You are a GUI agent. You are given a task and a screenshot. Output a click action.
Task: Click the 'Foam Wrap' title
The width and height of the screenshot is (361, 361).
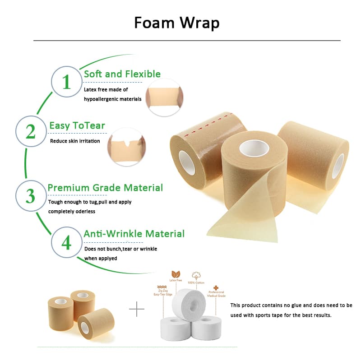pyautogui.click(x=176, y=23)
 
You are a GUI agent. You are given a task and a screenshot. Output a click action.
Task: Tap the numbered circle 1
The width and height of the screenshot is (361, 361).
pyautogui.click(x=67, y=82)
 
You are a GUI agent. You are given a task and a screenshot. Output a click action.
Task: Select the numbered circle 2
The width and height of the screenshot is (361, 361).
pyautogui.click(x=31, y=132)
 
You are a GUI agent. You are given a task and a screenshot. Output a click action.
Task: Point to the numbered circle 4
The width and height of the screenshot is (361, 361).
pyautogui.click(x=66, y=242)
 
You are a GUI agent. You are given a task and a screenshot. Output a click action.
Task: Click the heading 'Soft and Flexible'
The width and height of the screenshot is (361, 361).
pyautogui.click(x=122, y=74)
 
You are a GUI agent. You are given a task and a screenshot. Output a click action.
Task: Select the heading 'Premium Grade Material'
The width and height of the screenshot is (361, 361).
pyautogui.click(x=105, y=188)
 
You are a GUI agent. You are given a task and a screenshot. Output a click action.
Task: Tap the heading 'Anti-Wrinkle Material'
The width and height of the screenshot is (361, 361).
pyautogui.click(x=134, y=234)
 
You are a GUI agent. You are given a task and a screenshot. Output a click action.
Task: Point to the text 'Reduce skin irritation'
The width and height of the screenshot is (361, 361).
pyautogui.click(x=74, y=141)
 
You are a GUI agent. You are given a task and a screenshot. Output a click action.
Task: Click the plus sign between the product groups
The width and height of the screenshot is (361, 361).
pyautogui.click(x=137, y=309)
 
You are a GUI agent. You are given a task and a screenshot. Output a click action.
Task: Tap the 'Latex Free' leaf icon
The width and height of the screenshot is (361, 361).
pyautogui.click(x=176, y=274)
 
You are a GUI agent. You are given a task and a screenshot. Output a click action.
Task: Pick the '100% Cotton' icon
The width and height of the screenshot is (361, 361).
pyautogui.click(x=196, y=275)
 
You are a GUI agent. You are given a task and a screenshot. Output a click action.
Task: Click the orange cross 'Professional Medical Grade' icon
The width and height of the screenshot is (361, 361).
pyautogui.click(x=216, y=287)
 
